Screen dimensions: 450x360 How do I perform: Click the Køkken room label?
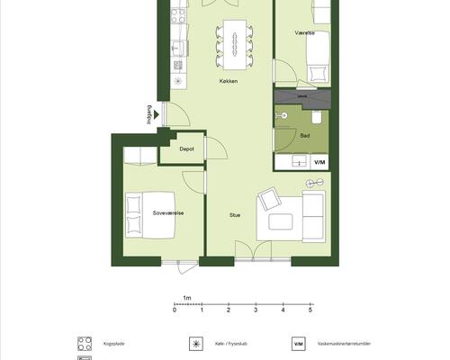tap(229, 81)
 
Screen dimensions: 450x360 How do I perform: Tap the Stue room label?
tap(235, 215)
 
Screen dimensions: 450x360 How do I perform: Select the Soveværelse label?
tap(168, 213)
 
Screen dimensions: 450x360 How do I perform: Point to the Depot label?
tap(186, 148)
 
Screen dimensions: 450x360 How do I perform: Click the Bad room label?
tap(305, 136)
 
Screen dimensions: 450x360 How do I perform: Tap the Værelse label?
tap(305, 33)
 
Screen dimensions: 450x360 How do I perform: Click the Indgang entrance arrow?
tap(156, 114)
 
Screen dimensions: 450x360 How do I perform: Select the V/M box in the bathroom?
tap(319, 162)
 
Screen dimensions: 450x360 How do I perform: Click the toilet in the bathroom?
tap(317, 117)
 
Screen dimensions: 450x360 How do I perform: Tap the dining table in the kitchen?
tap(235, 45)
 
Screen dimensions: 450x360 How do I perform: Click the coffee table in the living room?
tap(281, 221)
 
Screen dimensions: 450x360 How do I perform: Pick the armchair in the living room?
tap(269, 199)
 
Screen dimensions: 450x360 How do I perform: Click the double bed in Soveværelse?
tap(150, 215)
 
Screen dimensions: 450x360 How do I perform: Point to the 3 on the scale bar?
tap(256, 310)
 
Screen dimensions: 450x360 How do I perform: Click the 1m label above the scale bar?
tap(187, 298)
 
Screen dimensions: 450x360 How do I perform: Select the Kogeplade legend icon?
tap(85, 344)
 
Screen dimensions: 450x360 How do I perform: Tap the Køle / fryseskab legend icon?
tap(196, 344)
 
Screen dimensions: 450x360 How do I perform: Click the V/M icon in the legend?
tap(299, 344)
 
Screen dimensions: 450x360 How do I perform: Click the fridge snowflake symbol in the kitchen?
tap(178, 81)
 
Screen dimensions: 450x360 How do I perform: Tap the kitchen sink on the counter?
tap(178, 48)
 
